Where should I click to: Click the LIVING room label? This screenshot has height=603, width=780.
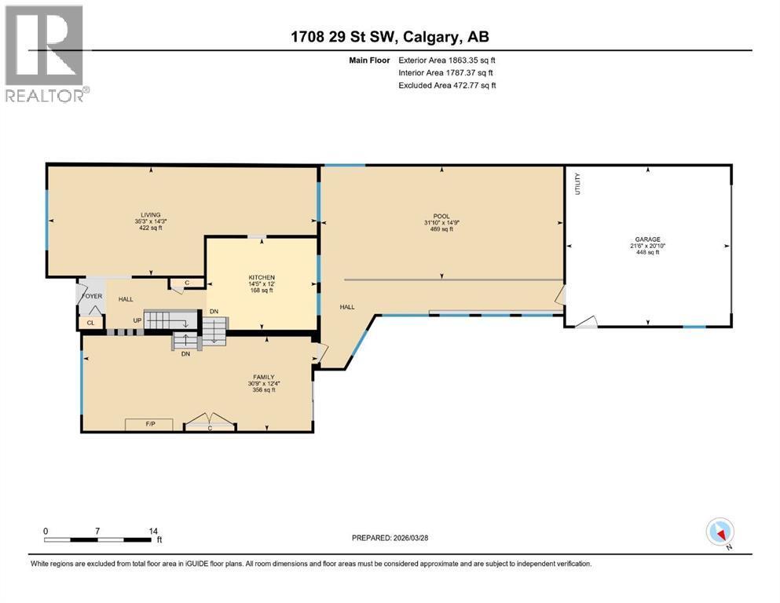pyautogui.click(x=150, y=214)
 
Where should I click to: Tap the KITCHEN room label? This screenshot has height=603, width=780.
pyautogui.click(x=262, y=278)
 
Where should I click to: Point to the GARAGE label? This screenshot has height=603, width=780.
pyautogui.click(x=648, y=239)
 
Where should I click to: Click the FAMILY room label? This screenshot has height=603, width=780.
pyautogui.click(x=263, y=376)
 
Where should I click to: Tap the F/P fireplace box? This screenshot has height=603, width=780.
pyautogui.click(x=150, y=425)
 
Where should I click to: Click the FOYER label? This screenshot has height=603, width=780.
pyautogui.click(x=93, y=296)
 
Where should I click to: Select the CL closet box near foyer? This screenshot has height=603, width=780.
pyautogui.click(x=91, y=322)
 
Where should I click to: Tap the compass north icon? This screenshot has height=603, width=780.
pyautogui.click(x=720, y=532)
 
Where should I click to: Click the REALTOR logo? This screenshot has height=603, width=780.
pyautogui.click(x=45, y=53)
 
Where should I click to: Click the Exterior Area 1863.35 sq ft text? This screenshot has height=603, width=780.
pyautogui.click(x=447, y=60)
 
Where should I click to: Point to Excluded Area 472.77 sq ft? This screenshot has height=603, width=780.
pyautogui.click(x=447, y=85)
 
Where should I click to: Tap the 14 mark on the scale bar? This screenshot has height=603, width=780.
pyautogui.click(x=154, y=531)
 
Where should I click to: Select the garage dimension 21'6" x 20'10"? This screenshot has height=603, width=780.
pyautogui.click(x=648, y=246)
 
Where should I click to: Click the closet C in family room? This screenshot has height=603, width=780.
pyautogui.click(x=210, y=428)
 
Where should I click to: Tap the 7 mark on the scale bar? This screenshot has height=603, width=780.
pyautogui.click(x=97, y=531)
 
